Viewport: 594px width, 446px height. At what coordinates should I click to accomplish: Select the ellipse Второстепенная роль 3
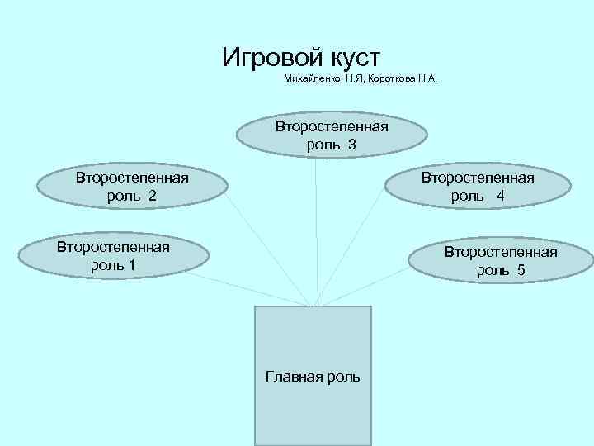332,135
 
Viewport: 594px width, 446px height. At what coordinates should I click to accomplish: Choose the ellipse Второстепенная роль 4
478,187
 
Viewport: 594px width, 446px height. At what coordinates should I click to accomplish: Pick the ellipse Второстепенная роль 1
113,256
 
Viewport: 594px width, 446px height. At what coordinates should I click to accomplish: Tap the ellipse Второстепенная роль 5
501,261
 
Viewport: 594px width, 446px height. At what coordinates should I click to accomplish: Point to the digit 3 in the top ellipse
351,145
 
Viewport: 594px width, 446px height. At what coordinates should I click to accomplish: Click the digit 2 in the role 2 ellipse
152,196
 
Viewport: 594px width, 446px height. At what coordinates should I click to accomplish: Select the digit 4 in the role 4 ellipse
501,196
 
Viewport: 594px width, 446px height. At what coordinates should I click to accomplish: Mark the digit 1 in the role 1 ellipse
132,265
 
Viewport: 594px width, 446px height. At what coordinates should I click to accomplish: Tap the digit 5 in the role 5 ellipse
521,270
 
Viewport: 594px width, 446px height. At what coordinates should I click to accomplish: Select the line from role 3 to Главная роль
315,231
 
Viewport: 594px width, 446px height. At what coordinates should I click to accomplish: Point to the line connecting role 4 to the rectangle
351,247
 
